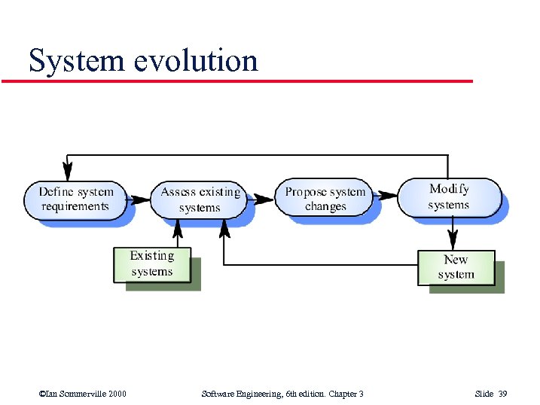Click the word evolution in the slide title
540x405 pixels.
click(196, 60)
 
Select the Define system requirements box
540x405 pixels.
click(75, 199)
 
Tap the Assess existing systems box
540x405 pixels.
click(200, 199)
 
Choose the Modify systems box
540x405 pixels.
click(449, 196)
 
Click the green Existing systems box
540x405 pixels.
click(152, 264)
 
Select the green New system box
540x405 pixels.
click(456, 267)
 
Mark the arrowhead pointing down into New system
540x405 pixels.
click(452, 242)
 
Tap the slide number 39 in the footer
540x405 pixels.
click(502, 394)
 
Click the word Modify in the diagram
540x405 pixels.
click(449, 189)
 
